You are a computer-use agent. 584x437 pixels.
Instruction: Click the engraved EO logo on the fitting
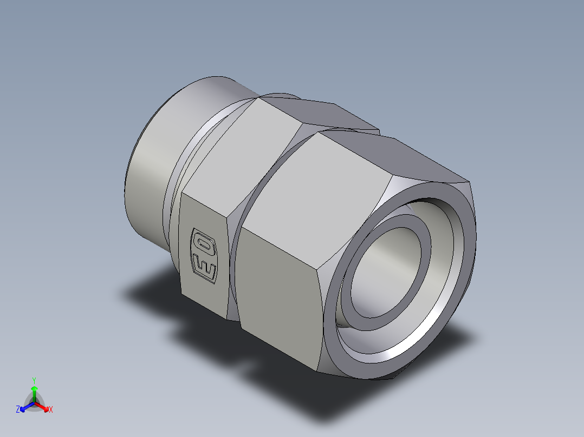tap(204, 255)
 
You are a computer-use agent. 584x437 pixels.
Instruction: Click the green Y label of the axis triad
tap(34, 380)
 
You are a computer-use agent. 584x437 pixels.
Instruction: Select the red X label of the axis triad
tap(51, 410)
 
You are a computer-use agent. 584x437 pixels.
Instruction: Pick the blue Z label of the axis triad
tap(18, 410)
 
